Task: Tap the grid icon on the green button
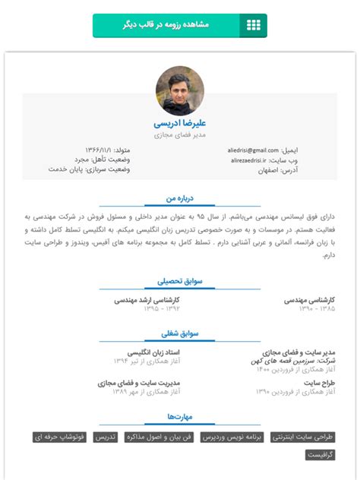(253, 25)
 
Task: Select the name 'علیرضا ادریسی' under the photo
(180, 122)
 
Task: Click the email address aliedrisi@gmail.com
(253, 150)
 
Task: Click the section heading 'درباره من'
(180, 197)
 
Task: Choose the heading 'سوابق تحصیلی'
(180, 281)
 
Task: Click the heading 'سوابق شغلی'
(180, 333)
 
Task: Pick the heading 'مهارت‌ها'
(180, 417)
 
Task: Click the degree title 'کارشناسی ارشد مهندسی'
(147, 300)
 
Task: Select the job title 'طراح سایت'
(320, 384)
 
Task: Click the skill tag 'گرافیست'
(321, 455)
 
